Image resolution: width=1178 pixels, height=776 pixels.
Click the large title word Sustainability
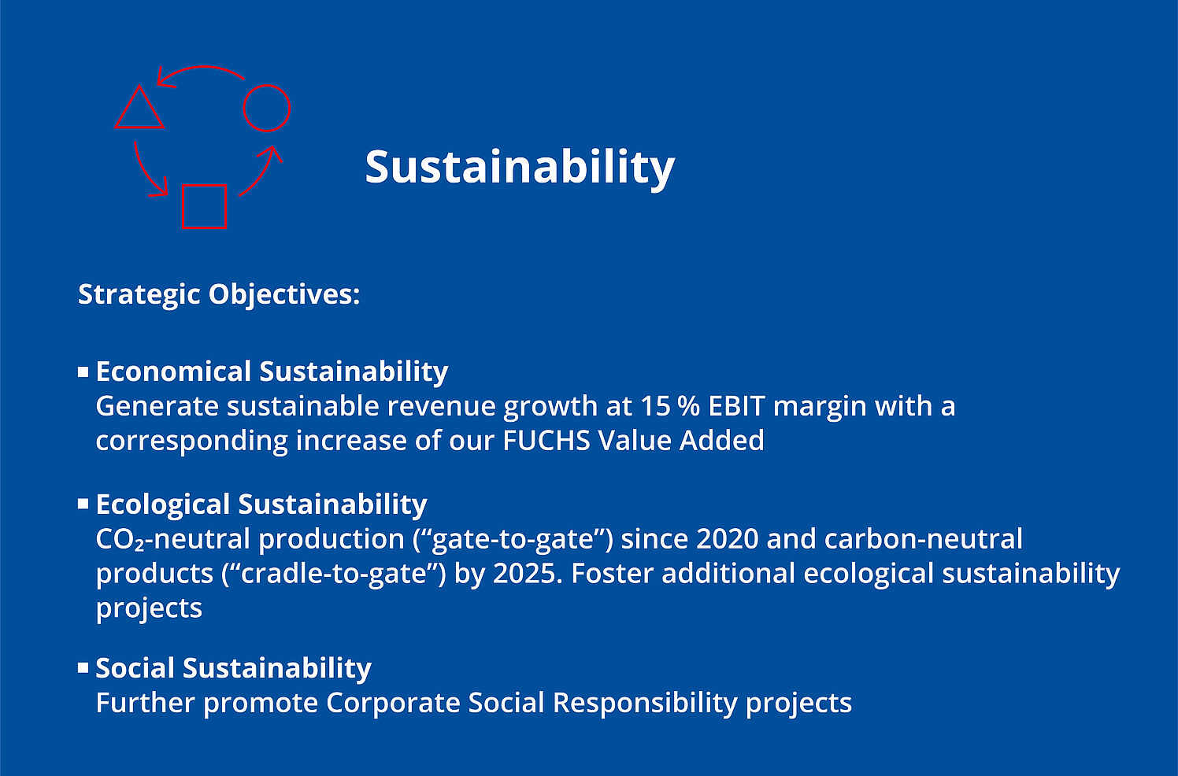[520, 168]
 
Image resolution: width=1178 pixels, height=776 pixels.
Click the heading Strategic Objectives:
[219, 294]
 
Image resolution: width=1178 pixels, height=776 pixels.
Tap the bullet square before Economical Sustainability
[83, 372]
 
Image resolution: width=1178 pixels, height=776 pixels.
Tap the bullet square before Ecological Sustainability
[83, 504]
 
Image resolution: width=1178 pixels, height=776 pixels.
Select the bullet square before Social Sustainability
[83, 667]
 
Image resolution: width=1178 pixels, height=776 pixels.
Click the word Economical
[173, 371]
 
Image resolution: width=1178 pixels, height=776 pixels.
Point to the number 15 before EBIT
[655, 406]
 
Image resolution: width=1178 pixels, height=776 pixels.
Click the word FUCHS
[546, 441]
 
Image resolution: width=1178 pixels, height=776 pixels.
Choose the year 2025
[525, 574]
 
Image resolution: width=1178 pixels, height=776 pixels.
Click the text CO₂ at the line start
[120, 540]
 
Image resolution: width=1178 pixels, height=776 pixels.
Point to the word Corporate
[393, 704]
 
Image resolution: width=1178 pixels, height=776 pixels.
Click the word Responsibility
[645, 704]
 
